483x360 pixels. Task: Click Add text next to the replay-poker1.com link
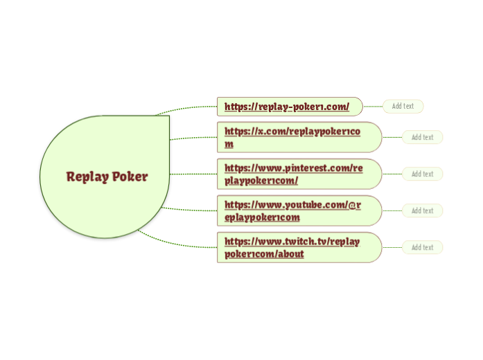coord(403,107)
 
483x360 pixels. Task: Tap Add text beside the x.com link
coord(422,137)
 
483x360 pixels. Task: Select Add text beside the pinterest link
coord(422,174)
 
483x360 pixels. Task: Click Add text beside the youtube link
coord(422,210)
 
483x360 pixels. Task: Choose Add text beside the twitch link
coord(422,247)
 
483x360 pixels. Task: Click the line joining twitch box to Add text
coord(392,247)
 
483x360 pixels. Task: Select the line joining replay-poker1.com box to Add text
coord(373,107)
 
